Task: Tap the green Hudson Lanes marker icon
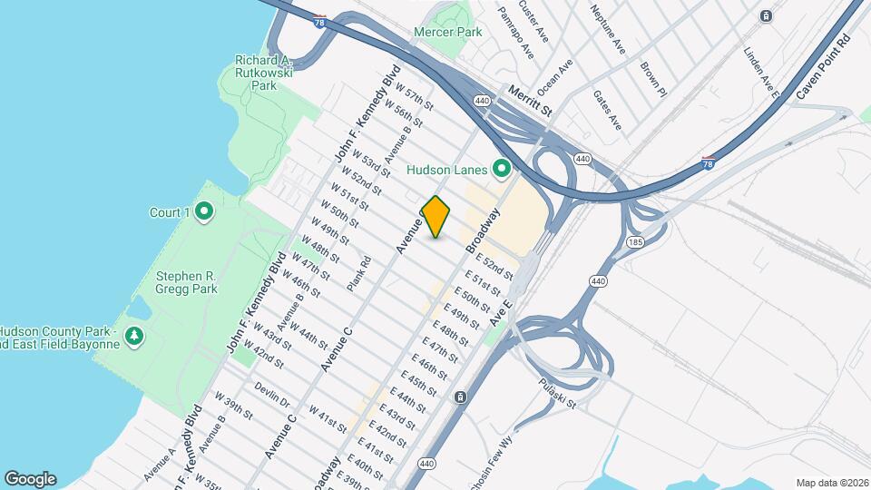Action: click(499, 169)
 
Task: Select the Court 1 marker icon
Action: click(204, 212)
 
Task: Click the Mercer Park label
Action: click(447, 32)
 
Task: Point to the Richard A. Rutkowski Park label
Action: click(263, 72)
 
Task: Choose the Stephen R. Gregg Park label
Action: click(187, 282)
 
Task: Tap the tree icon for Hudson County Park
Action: click(134, 337)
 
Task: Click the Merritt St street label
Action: click(530, 100)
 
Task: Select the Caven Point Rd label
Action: click(822, 68)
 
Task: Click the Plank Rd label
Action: click(359, 273)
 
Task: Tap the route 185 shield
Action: click(635, 242)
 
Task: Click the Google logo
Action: click(30, 479)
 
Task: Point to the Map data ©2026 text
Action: click(830, 483)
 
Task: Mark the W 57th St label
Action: click(405, 95)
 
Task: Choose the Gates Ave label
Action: click(607, 109)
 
